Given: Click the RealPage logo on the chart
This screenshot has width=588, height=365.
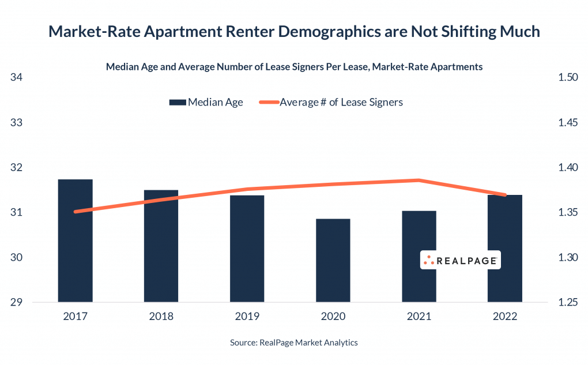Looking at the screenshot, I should (459, 261).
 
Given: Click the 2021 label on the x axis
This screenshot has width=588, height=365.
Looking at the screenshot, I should (419, 317).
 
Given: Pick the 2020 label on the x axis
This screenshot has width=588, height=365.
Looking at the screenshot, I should (333, 317).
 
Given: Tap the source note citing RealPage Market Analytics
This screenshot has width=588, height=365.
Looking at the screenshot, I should (294, 343).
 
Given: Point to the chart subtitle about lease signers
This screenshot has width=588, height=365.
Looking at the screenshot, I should (294, 67).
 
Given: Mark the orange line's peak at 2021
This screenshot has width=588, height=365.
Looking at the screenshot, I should (419, 180).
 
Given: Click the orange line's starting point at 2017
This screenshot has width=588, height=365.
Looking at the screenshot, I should (76, 212).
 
